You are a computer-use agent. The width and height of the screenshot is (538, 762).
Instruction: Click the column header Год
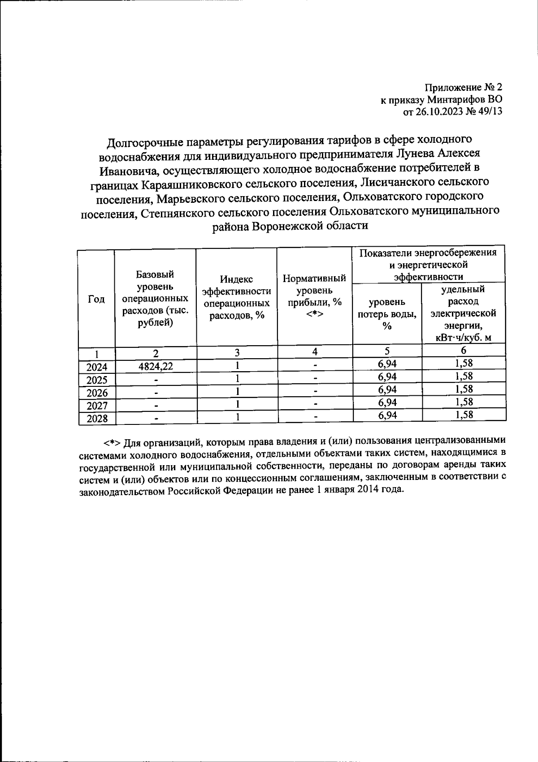pyautogui.click(x=96, y=299)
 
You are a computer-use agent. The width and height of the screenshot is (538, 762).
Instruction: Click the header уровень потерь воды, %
pyautogui.click(x=387, y=314)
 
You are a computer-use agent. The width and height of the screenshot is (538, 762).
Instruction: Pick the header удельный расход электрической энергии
pyautogui.click(x=464, y=313)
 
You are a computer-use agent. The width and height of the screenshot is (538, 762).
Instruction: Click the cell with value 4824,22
pyautogui.click(x=156, y=367)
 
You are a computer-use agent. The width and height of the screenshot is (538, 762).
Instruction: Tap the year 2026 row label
pyautogui.click(x=97, y=393)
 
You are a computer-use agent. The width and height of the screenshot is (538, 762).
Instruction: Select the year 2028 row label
pyautogui.click(x=97, y=419)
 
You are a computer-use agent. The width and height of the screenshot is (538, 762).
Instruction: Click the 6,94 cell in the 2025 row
pyautogui.click(x=387, y=377)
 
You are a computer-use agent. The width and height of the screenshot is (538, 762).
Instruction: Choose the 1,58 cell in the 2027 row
pyautogui.click(x=464, y=402)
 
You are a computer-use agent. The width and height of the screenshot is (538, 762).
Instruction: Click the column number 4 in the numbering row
pyautogui.click(x=315, y=352)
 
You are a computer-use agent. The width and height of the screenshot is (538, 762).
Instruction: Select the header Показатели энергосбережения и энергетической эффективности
pyautogui.click(x=429, y=265)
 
